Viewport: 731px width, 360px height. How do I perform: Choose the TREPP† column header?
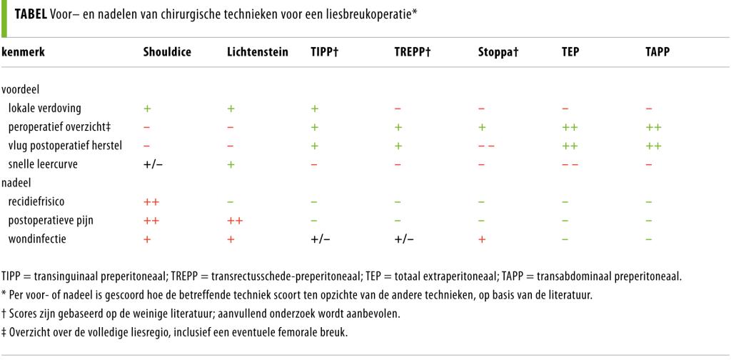(x=414, y=53)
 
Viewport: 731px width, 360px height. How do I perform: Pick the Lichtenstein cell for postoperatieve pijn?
(x=234, y=221)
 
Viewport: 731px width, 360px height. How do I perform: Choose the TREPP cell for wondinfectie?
(x=403, y=239)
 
